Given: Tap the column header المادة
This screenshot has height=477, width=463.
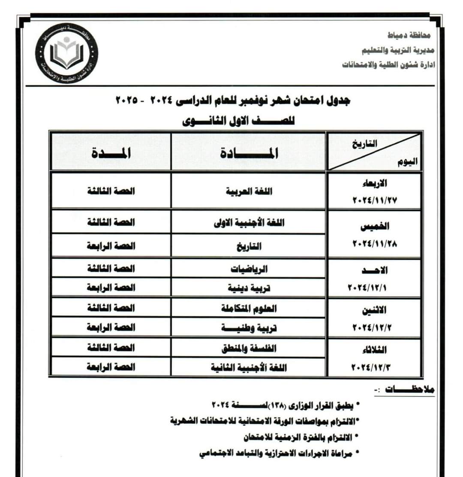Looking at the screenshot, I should (x=248, y=153).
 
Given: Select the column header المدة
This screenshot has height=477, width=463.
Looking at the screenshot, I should (x=111, y=153).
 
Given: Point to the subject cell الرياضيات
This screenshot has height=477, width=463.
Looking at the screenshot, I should (x=249, y=269).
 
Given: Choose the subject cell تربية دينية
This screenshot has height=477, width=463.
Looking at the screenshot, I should (x=249, y=288).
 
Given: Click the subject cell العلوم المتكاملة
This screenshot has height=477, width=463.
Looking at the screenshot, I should (x=249, y=308).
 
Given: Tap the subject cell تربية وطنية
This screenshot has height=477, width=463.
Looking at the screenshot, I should (x=249, y=328).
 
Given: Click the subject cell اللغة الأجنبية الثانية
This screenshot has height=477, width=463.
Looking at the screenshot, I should (x=249, y=368).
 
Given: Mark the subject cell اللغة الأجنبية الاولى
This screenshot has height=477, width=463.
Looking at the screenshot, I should (x=249, y=222).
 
